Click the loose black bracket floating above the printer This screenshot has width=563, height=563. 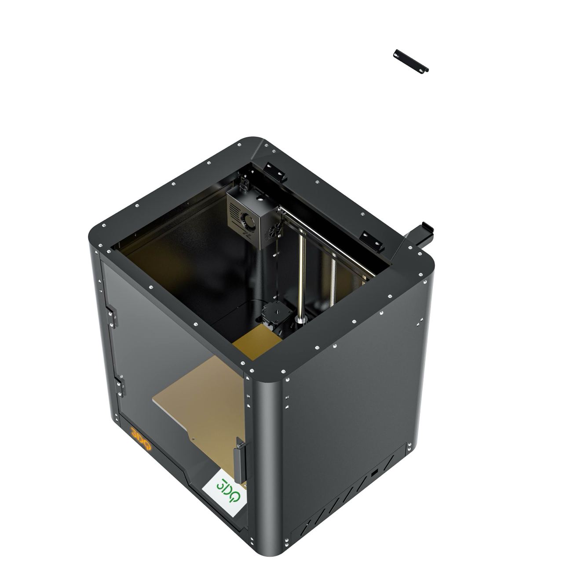(x=411, y=61)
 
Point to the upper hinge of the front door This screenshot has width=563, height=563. (x=112, y=317)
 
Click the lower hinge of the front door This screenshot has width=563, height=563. (x=120, y=387)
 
